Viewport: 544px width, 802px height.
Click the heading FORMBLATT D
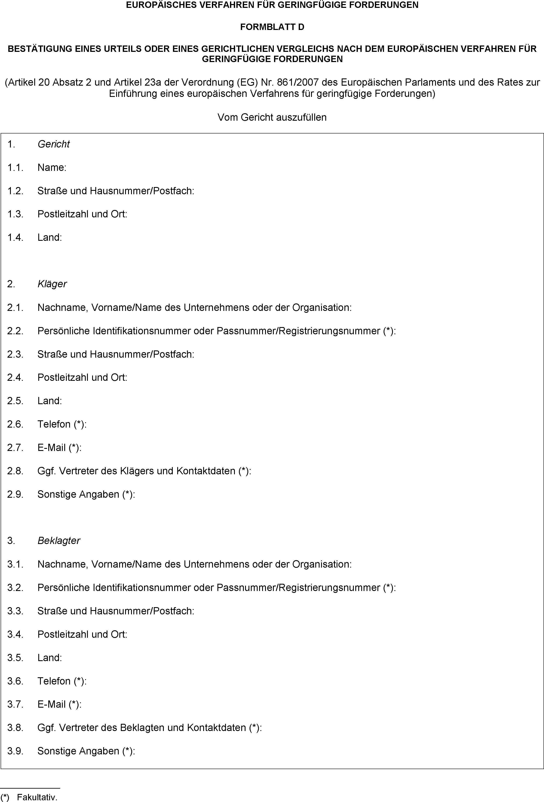coord(272,27)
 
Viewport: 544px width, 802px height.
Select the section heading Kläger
coord(52,284)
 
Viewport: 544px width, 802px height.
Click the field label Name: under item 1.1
coord(52,168)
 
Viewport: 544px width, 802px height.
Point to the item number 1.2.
coord(15,191)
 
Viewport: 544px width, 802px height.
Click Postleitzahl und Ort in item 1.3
coord(82,214)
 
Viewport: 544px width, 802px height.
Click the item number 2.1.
coord(15,307)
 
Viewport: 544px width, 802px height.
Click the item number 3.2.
coord(15,588)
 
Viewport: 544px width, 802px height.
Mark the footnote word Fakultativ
coord(37,797)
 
